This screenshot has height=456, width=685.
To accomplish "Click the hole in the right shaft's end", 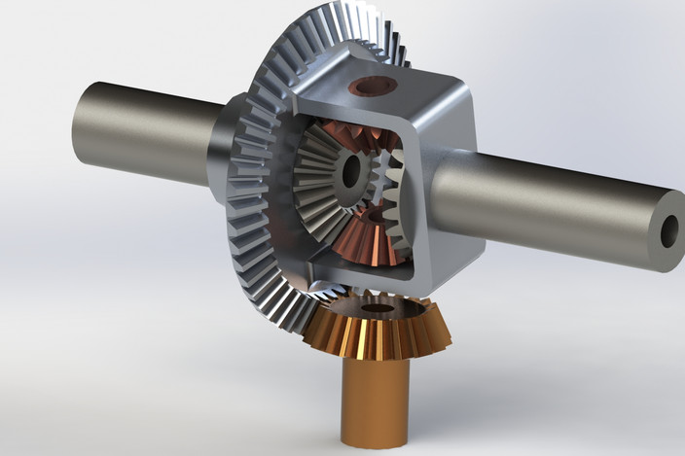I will (x=669, y=231).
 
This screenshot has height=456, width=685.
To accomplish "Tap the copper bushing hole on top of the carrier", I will (x=375, y=87).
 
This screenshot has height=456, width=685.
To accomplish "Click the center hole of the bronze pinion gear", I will (x=378, y=308).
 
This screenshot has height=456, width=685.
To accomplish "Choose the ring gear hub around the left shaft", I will (x=222, y=151).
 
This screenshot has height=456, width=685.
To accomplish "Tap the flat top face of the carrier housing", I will (x=389, y=92).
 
